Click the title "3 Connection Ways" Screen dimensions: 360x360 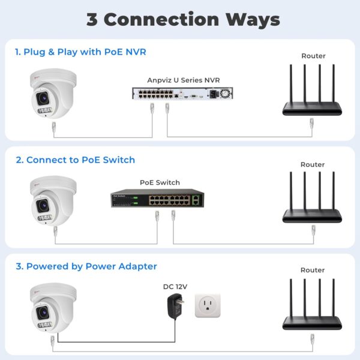point(183,19)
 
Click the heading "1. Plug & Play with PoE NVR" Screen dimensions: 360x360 point(80,52)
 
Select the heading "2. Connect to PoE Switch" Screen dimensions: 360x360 point(75,160)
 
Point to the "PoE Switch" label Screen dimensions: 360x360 point(160,182)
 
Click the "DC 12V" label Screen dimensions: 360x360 point(175,287)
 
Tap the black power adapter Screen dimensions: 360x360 point(175,307)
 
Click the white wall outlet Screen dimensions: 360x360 point(207,306)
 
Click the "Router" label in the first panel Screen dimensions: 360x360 point(313,56)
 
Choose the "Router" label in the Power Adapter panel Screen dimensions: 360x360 point(313,270)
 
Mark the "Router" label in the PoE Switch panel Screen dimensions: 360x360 point(313,164)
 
